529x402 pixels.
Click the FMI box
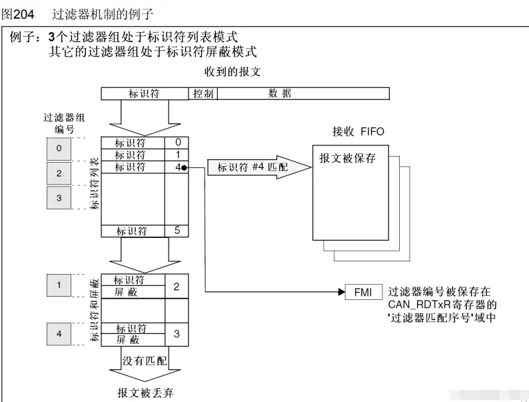(x=364, y=291)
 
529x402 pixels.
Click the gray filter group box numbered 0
(x=59, y=148)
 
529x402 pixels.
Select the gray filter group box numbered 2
(x=59, y=173)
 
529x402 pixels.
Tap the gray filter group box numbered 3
(x=59, y=197)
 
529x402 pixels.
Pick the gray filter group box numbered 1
(x=59, y=286)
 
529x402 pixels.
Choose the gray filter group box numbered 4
(x=59, y=333)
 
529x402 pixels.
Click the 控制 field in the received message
(x=203, y=94)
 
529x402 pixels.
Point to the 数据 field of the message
(x=280, y=94)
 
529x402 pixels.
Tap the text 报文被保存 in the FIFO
(x=347, y=159)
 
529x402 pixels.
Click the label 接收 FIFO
(x=358, y=131)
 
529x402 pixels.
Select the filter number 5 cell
(x=177, y=231)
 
